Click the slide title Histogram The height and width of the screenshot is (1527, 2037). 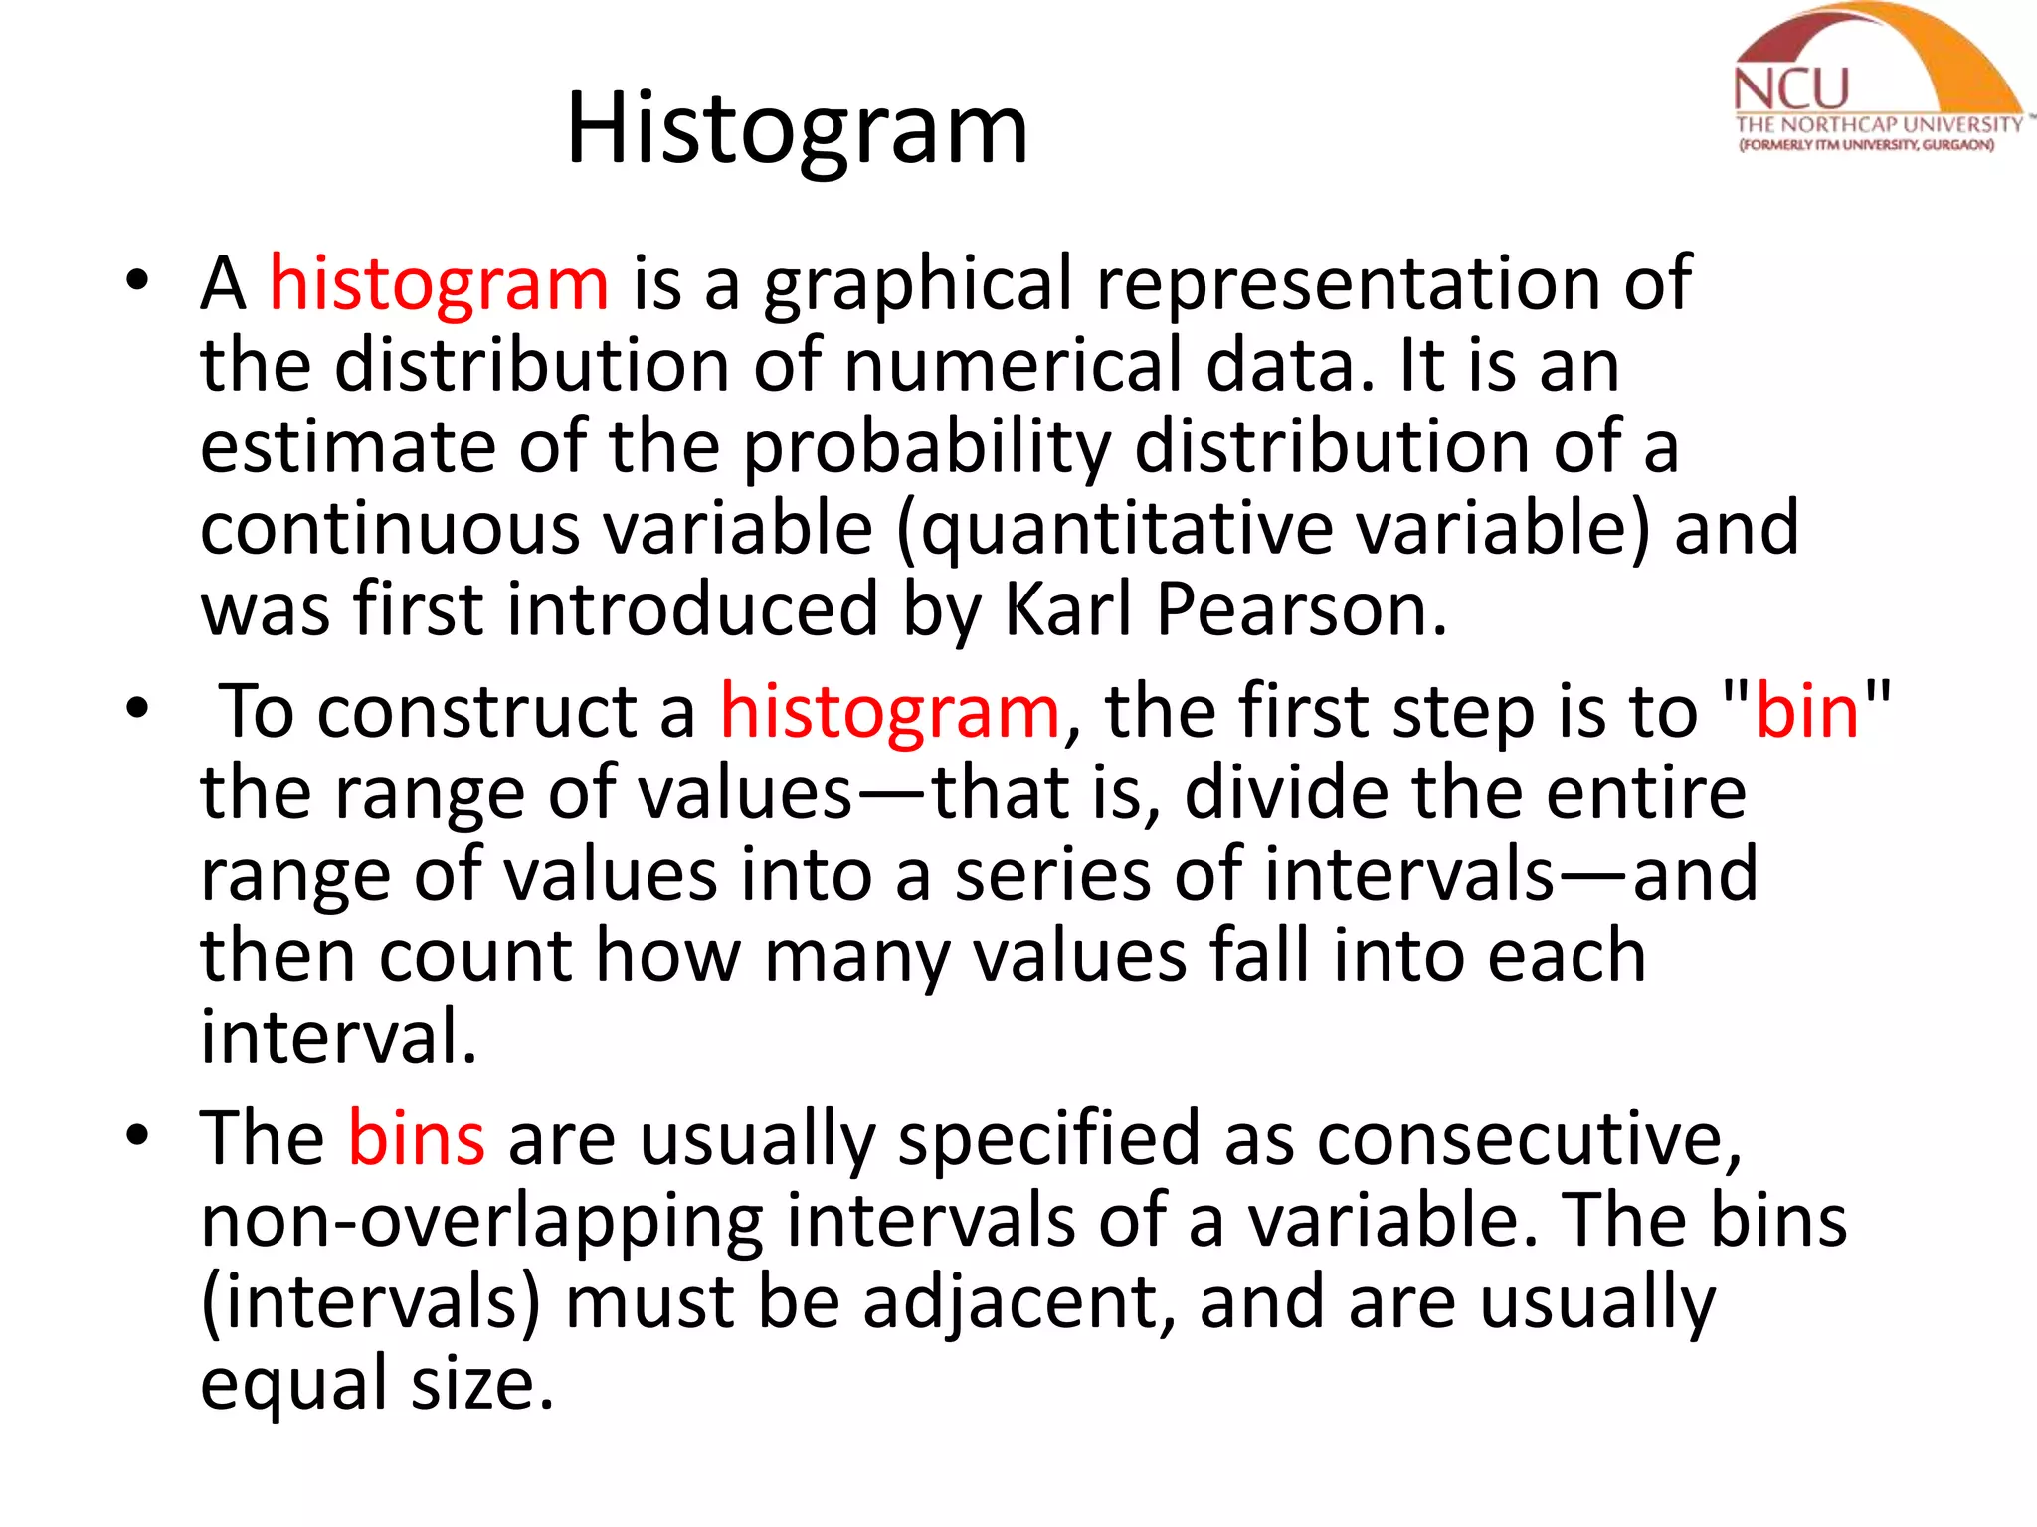pos(797,129)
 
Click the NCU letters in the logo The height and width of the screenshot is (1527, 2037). pos(1790,89)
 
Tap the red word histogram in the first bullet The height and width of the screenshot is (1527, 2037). pos(439,283)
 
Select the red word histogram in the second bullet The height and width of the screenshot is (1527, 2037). pos(890,712)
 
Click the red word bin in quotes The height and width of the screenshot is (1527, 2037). pos(1806,712)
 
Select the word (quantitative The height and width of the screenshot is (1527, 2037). pos(1115,529)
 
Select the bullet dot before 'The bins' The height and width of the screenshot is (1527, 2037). pos(137,1136)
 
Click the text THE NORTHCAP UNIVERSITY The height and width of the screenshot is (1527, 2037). pos(1878,125)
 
